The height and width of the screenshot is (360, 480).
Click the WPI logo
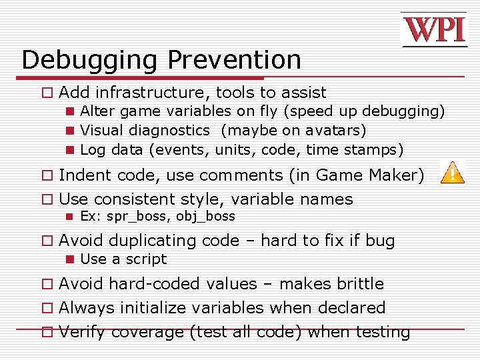point(433,29)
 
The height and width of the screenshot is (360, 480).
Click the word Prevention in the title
point(234,60)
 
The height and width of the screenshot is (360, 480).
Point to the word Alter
point(97,111)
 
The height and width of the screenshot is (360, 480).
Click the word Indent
point(84,175)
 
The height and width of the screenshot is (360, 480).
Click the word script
point(148,259)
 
